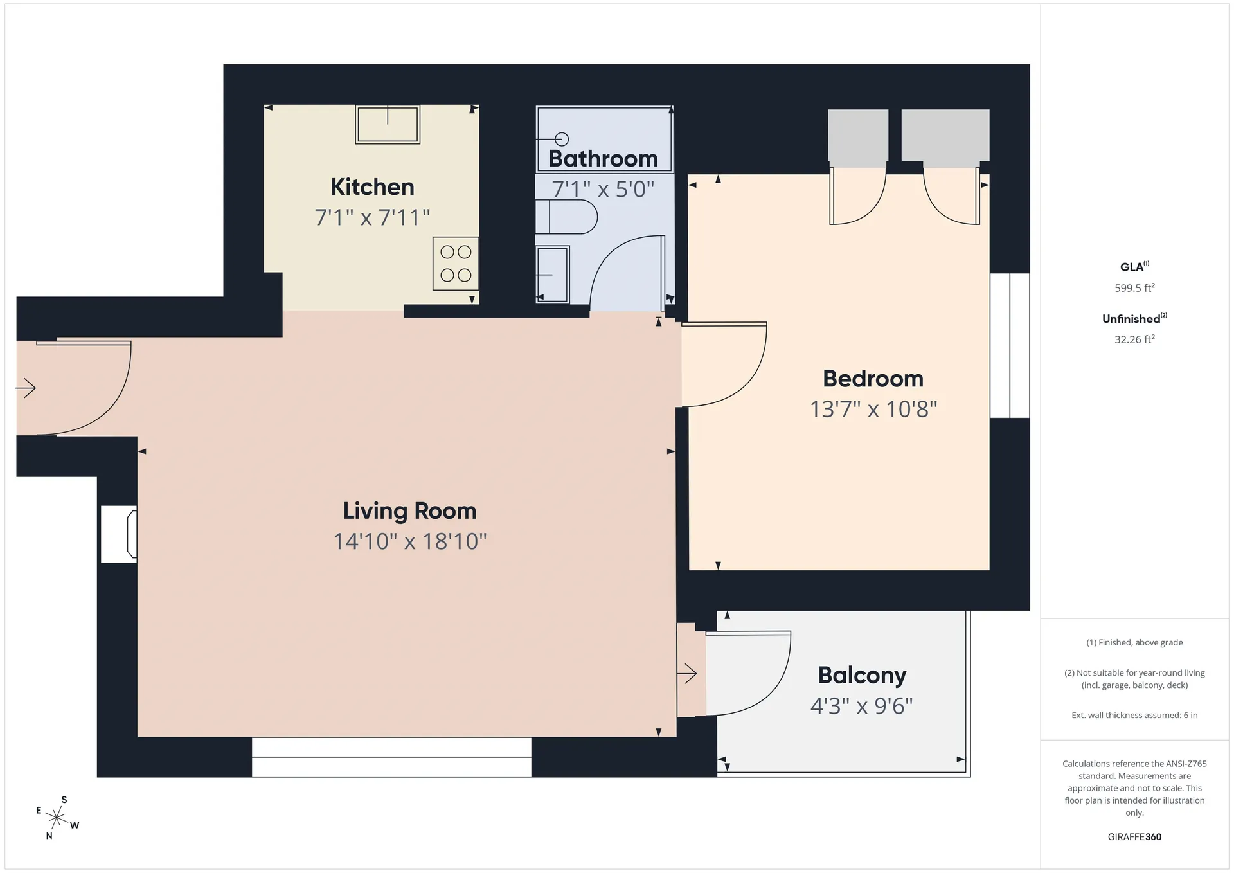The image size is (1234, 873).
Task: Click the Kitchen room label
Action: click(372, 187)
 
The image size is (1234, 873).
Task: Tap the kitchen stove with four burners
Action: click(456, 263)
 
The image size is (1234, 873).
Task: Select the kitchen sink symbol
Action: click(388, 124)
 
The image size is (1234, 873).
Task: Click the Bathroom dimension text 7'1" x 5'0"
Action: click(603, 190)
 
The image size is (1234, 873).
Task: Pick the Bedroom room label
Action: click(873, 379)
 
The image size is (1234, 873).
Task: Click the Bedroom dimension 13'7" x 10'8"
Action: click(873, 409)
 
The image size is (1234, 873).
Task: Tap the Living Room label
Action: click(409, 511)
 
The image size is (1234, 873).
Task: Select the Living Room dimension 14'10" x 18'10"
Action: click(409, 541)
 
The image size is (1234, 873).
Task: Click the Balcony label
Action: click(862, 675)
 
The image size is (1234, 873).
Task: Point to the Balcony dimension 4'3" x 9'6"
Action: click(861, 706)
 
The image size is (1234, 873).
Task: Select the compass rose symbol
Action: click(57, 818)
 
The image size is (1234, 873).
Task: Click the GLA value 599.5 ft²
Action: click(1134, 288)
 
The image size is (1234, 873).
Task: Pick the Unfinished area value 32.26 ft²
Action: click(1134, 339)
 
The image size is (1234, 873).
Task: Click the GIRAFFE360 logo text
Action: click(1134, 837)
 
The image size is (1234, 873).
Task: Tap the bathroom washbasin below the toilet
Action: click(553, 274)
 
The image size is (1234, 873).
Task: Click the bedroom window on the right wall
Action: click(1010, 345)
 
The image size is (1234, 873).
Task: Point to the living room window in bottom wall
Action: click(391, 757)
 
